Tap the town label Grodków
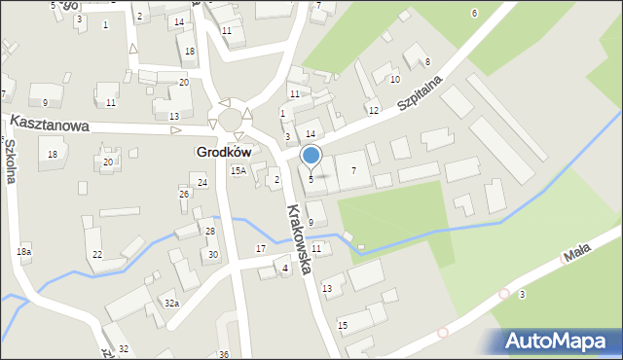coord(224,153)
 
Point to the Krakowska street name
coord(299,238)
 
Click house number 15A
coord(238,170)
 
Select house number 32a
coord(171,304)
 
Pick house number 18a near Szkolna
coord(24,252)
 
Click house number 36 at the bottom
coord(223,354)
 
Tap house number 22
coord(96,254)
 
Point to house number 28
coord(209,231)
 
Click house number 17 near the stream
coord(260,249)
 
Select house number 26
coord(183,194)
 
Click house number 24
coord(202,182)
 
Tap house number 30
coord(213,254)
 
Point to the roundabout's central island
coord(232,118)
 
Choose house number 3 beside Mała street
coord(523,294)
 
